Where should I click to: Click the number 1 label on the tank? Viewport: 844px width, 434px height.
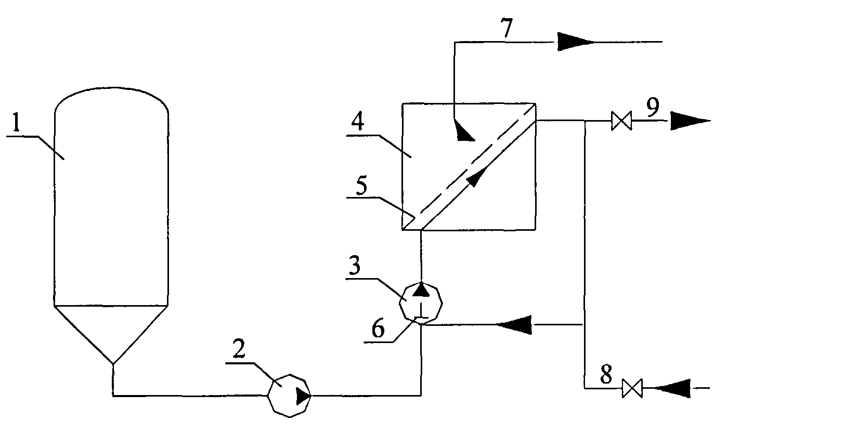click(16, 122)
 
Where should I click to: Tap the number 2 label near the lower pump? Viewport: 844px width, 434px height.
click(239, 348)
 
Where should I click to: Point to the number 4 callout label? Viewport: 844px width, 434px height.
click(358, 121)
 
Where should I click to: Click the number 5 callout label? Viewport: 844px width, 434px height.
click(361, 186)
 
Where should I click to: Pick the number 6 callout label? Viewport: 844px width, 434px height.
click(378, 328)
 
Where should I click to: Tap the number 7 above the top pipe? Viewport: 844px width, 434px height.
click(507, 28)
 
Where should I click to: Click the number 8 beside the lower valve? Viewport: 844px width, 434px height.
click(606, 374)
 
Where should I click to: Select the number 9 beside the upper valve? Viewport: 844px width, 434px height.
click(653, 107)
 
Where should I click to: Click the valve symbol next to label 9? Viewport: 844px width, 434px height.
click(621, 121)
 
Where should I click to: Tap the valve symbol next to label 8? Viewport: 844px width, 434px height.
click(632, 388)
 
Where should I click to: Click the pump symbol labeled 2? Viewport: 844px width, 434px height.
click(289, 396)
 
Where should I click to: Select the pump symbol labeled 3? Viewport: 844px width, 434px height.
click(421, 303)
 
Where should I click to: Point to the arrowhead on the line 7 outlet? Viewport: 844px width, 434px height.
click(576, 42)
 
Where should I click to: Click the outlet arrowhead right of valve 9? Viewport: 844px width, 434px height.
click(690, 121)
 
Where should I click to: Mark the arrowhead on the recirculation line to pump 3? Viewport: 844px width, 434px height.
click(514, 324)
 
